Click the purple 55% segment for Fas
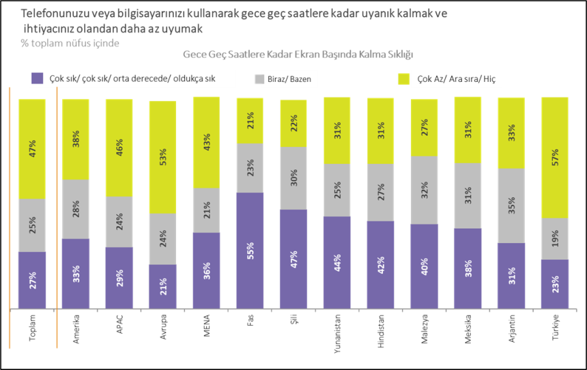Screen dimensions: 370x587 tap(250, 251)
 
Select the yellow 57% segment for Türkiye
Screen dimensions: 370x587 tap(555, 158)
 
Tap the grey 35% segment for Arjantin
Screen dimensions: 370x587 tap(511, 205)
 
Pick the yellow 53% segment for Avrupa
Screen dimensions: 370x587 tap(162, 157)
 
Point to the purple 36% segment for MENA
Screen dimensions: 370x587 tap(206, 270)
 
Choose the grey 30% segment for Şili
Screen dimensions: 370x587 tap(293, 178)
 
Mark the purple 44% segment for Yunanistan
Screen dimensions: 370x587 tap(337, 263)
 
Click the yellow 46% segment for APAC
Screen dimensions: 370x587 tap(119, 147)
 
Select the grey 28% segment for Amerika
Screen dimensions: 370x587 tap(75, 209)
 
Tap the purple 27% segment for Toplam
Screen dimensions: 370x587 tap(32, 280)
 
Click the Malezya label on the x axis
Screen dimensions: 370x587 tap(424, 329)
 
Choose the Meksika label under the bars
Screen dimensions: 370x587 tap(468, 328)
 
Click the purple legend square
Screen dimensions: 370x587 tap(38, 79)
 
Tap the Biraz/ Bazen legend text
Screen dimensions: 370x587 tap(288, 79)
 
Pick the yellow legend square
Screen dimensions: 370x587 tap(403, 79)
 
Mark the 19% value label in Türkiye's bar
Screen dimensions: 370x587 tap(555, 238)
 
